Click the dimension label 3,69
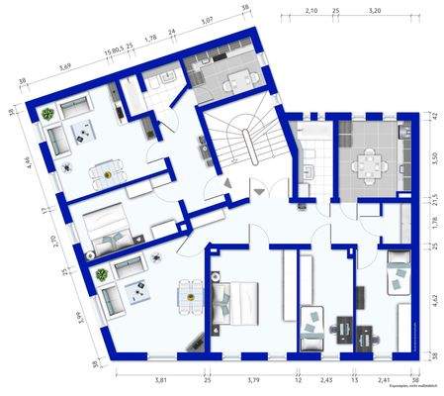[64, 66]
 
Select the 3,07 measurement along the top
[208, 20]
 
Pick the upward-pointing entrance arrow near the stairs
[227, 183]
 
